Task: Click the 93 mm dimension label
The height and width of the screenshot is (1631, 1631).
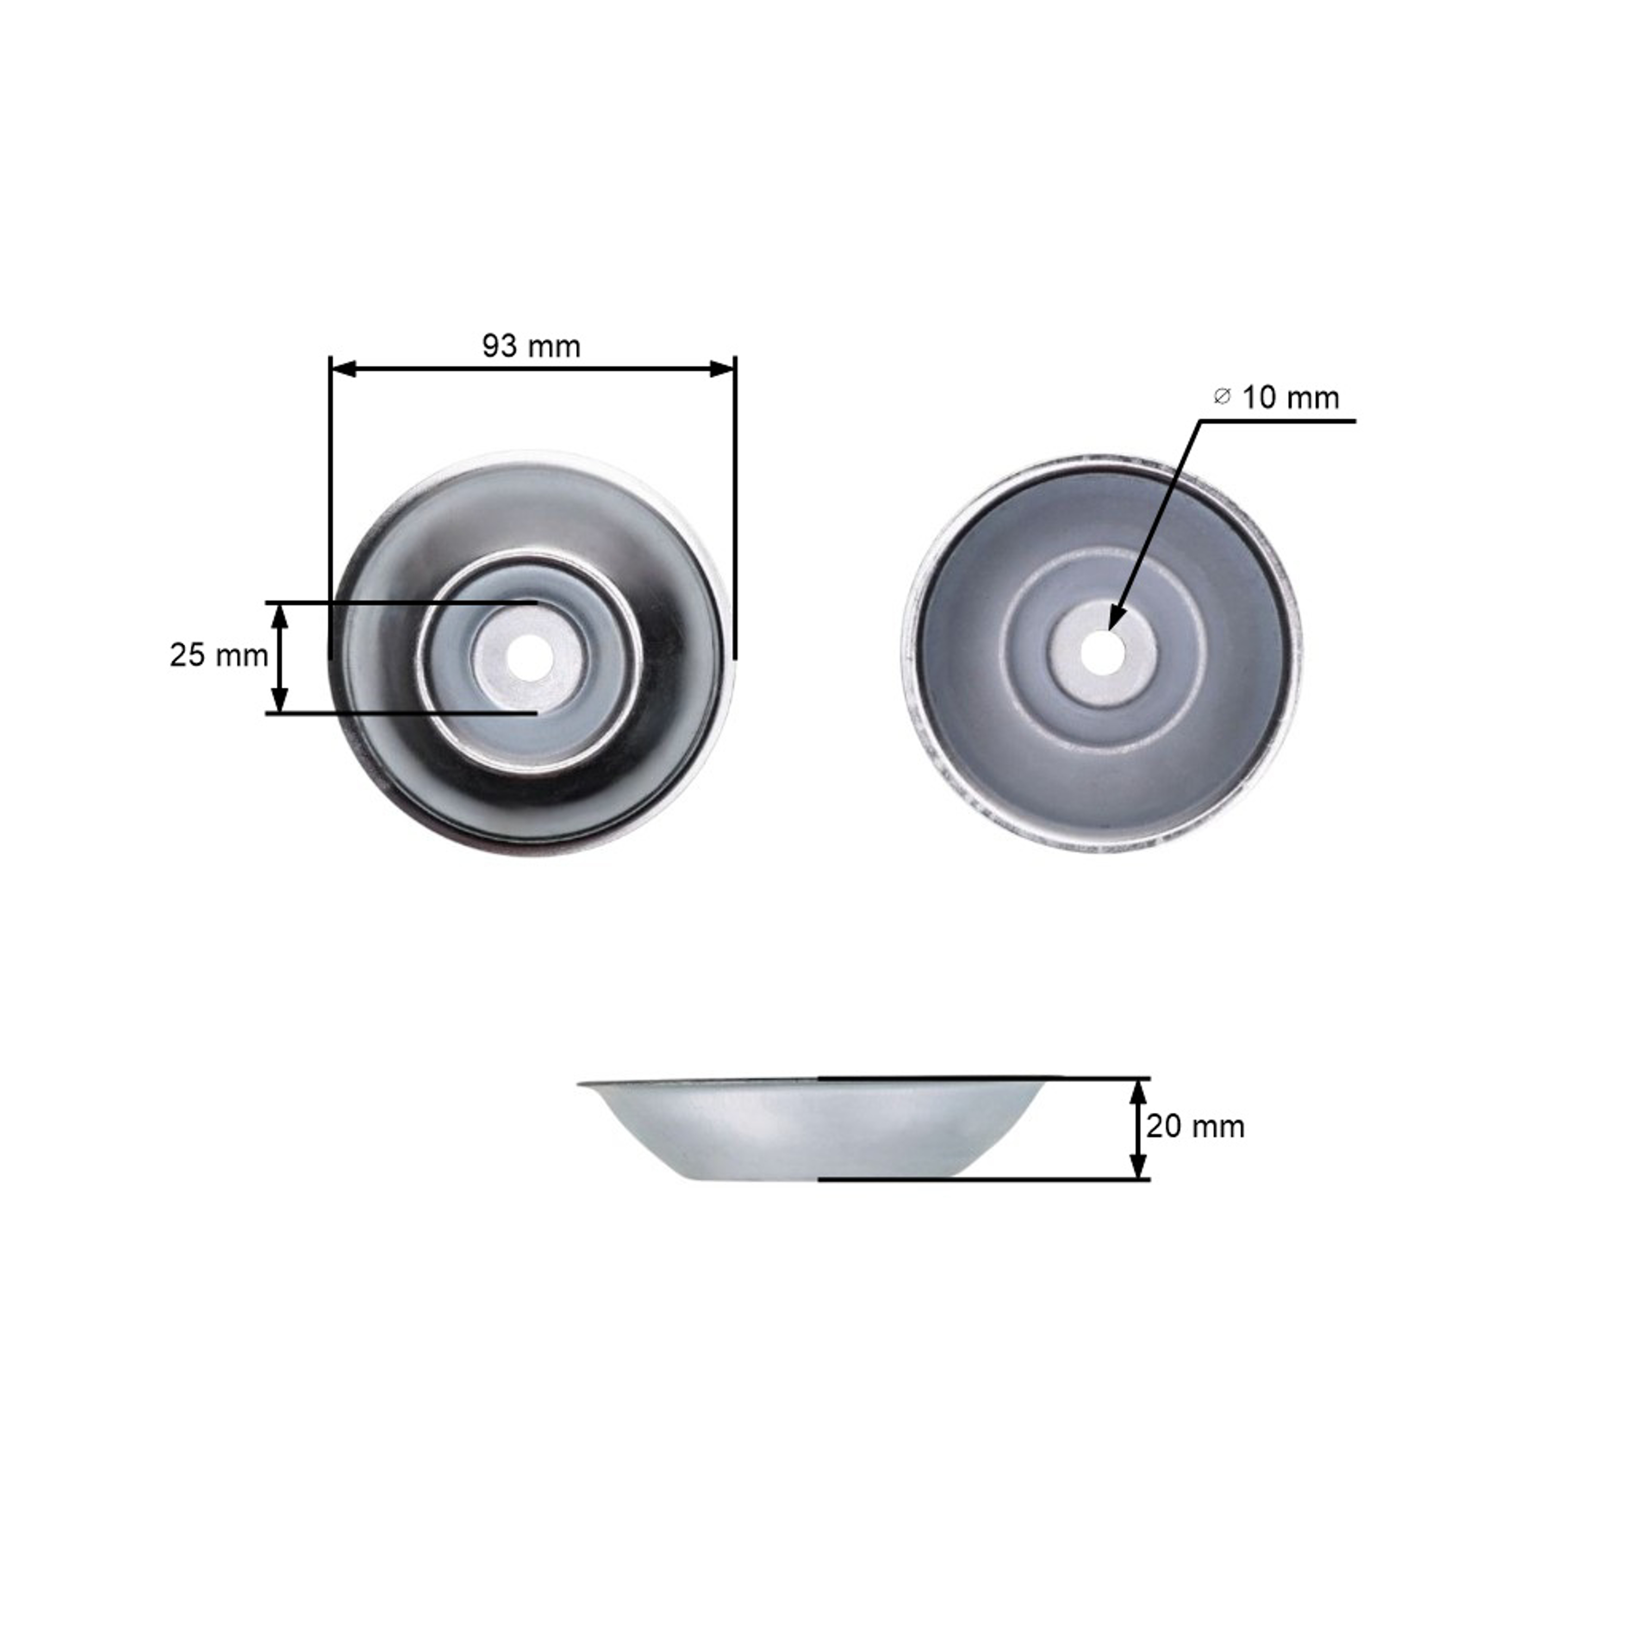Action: point(531,346)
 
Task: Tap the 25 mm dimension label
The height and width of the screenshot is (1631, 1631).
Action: point(219,655)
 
